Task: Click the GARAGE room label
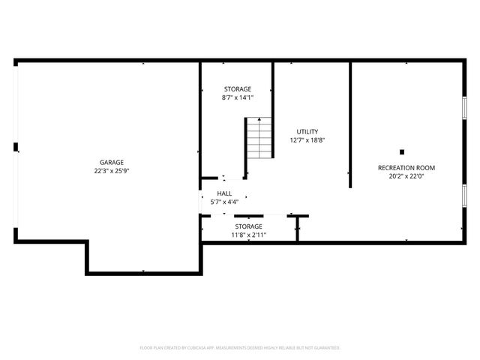(x=112, y=162)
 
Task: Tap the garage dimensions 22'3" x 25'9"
(x=112, y=170)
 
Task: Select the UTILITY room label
(x=307, y=131)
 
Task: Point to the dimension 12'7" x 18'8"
(x=307, y=140)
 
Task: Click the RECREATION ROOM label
(x=406, y=167)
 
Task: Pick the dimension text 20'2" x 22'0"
(x=406, y=176)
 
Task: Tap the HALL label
(x=224, y=193)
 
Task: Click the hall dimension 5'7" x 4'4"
(x=224, y=202)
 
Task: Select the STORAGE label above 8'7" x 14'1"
(x=237, y=88)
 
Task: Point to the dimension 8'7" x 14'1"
(x=237, y=97)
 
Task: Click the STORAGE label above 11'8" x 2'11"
(x=248, y=226)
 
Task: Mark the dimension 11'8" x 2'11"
(x=248, y=235)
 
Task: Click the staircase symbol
(x=259, y=137)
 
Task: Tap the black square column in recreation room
(x=402, y=151)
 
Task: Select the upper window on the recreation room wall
(x=464, y=105)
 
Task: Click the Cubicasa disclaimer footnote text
(x=240, y=348)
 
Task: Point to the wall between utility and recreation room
(x=350, y=124)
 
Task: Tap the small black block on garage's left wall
(x=16, y=147)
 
